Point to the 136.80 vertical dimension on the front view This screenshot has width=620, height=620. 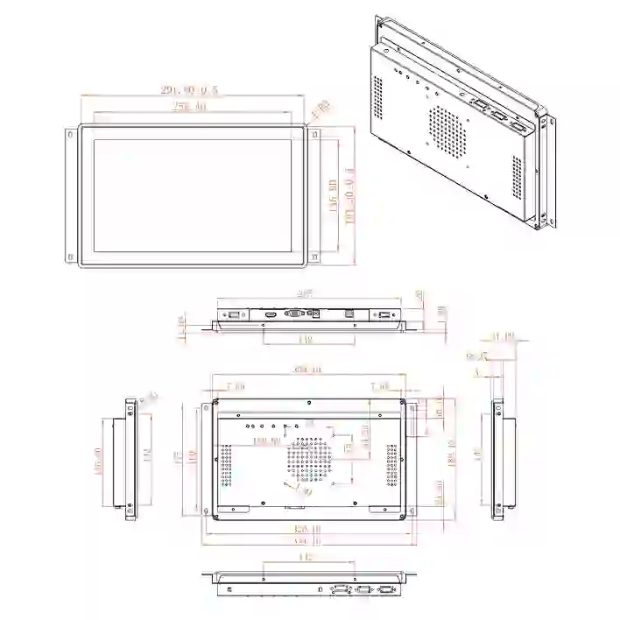coord(333,195)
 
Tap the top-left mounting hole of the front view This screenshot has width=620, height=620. coord(68,135)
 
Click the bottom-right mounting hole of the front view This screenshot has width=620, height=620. coord(313,256)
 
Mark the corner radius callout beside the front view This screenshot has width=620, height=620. coord(321,109)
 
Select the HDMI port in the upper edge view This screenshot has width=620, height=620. coord(271,314)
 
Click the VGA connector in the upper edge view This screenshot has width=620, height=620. coord(297,314)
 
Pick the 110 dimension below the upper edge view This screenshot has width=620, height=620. coord(306,339)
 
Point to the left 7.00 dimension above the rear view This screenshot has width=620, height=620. coord(235,386)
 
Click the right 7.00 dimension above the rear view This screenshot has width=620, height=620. coord(380,386)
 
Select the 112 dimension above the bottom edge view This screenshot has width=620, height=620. coord(306,557)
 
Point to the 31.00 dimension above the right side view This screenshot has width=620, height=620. coord(502,336)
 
